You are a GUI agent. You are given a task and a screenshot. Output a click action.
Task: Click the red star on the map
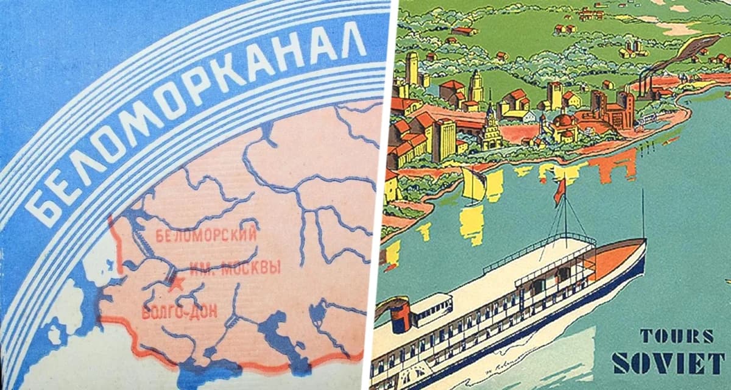177,283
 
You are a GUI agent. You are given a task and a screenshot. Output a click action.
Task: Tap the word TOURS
676,336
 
